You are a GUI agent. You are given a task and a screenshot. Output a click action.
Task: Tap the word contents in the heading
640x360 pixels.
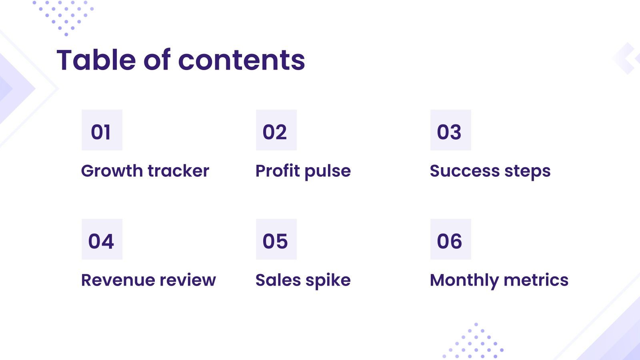point(241,60)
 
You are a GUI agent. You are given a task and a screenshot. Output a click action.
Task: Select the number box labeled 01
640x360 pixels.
point(102,130)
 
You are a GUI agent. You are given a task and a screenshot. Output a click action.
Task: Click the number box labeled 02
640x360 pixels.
point(276,130)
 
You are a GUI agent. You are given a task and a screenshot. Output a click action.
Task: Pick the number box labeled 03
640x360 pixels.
point(450,130)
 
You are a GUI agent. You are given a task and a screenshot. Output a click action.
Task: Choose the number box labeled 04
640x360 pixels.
point(102,239)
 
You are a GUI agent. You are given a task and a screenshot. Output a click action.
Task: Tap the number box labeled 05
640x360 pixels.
point(276,239)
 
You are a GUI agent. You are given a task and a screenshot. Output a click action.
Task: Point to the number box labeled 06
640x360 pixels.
point(450,239)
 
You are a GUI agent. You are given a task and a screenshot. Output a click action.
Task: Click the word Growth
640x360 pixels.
point(112,171)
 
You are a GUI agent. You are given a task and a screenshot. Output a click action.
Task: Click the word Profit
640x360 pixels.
point(278,171)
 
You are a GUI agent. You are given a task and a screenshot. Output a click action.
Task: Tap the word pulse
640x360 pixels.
point(328,172)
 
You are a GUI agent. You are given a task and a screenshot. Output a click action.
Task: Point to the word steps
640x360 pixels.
point(527,172)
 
